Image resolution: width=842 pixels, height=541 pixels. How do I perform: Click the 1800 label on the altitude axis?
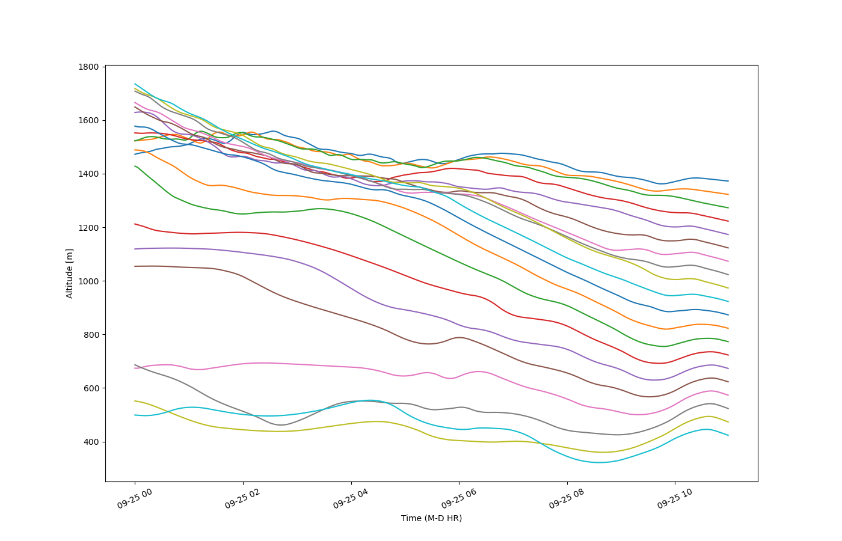88,67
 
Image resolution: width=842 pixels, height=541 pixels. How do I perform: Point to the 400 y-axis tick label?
91,442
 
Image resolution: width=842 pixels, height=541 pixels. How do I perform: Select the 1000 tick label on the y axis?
88,281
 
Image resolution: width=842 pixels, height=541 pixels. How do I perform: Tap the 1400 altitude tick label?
88,174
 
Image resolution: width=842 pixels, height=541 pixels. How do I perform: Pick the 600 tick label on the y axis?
91,388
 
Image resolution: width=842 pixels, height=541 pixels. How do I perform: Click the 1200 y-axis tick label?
88,228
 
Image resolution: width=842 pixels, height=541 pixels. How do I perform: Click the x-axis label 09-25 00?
135,498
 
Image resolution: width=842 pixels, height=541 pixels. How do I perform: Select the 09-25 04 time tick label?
351,498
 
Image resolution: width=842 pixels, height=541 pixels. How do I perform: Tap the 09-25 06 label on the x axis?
458,498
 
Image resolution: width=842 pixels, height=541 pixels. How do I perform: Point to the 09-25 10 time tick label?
675,498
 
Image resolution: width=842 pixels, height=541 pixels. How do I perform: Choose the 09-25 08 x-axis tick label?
567,498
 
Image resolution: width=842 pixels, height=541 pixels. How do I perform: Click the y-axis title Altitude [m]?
69,274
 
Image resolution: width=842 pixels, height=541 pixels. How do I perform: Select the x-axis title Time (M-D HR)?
432,518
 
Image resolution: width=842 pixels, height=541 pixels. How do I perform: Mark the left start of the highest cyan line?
135,84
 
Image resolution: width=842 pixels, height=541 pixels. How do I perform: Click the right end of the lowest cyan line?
728,435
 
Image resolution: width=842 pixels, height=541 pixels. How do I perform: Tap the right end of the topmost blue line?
728,181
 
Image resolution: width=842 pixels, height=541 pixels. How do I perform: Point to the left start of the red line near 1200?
135,224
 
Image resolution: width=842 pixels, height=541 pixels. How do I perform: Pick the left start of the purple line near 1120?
135,249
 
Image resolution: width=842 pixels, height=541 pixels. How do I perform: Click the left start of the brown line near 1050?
135,266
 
